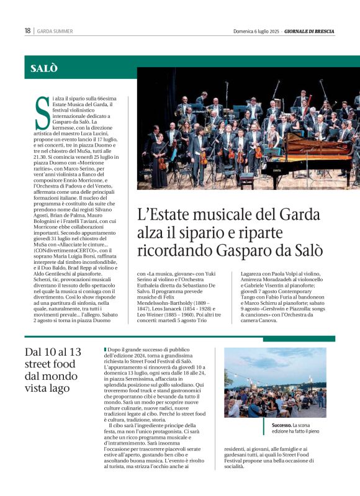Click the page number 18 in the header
click(x=27, y=31)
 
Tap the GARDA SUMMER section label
click(x=55, y=31)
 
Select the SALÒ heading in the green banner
click(x=44, y=68)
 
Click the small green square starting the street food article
click(x=106, y=349)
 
